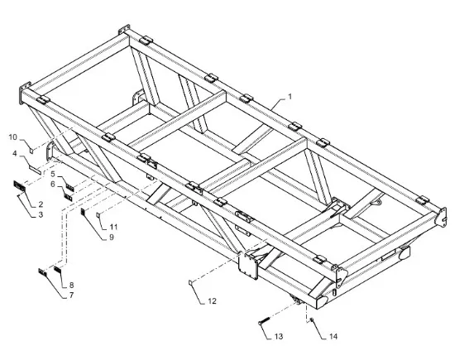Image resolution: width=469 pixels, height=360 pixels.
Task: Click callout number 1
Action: [290, 97]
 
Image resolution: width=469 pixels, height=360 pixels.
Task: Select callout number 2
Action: [41, 204]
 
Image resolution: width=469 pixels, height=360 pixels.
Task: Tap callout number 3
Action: [41, 214]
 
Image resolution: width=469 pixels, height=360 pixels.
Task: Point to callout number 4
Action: [15, 153]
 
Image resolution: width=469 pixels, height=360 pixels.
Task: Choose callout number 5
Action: [53, 174]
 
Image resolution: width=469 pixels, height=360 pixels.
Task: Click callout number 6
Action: [53, 184]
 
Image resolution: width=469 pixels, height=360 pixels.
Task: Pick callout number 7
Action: [71, 295]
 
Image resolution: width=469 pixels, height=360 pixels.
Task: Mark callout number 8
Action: [71, 285]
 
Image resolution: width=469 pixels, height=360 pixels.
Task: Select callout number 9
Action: [112, 237]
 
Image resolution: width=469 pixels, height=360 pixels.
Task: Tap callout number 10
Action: [13, 137]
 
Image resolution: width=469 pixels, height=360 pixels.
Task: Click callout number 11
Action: [113, 227]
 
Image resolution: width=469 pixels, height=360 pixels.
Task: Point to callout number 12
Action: [212, 301]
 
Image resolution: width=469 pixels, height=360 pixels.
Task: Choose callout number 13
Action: [279, 336]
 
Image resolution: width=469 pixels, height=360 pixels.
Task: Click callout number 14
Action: [333, 336]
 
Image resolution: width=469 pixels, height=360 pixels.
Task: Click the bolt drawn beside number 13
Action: [264, 322]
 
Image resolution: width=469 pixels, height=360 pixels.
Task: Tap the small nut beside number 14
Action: [312, 320]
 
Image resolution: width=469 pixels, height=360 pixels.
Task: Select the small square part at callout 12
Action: [190, 282]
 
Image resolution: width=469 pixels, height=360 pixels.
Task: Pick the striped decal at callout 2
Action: [20, 186]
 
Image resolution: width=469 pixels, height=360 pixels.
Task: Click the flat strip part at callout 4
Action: [35, 170]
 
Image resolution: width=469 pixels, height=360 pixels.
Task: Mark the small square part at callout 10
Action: [31, 150]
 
